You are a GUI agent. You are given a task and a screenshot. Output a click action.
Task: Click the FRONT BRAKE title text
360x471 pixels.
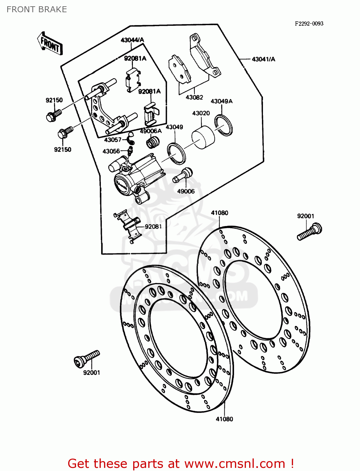[37, 9]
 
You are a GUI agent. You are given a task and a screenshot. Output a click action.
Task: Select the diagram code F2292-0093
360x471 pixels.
[309, 24]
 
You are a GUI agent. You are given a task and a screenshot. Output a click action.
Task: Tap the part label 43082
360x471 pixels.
[194, 97]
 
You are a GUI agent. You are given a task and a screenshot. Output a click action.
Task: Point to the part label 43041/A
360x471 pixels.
[263, 59]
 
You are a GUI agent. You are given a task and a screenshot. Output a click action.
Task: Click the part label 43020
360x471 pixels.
[201, 113]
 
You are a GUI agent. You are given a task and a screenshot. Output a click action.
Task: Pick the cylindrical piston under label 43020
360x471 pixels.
[203, 137]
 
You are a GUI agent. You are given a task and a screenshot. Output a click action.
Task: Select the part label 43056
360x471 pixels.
[111, 151]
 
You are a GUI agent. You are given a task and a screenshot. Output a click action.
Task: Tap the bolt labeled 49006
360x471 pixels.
[183, 175]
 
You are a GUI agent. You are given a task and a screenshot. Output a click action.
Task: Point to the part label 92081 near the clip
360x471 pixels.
[153, 226]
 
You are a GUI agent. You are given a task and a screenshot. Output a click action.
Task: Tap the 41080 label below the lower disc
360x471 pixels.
[224, 419]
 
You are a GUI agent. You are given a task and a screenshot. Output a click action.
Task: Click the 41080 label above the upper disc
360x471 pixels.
[220, 213]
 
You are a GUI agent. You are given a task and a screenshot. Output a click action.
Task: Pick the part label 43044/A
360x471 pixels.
[132, 40]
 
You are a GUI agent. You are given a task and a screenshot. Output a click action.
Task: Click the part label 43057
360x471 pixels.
[113, 140]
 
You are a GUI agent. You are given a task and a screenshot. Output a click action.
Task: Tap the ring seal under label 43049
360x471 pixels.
[176, 153]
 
